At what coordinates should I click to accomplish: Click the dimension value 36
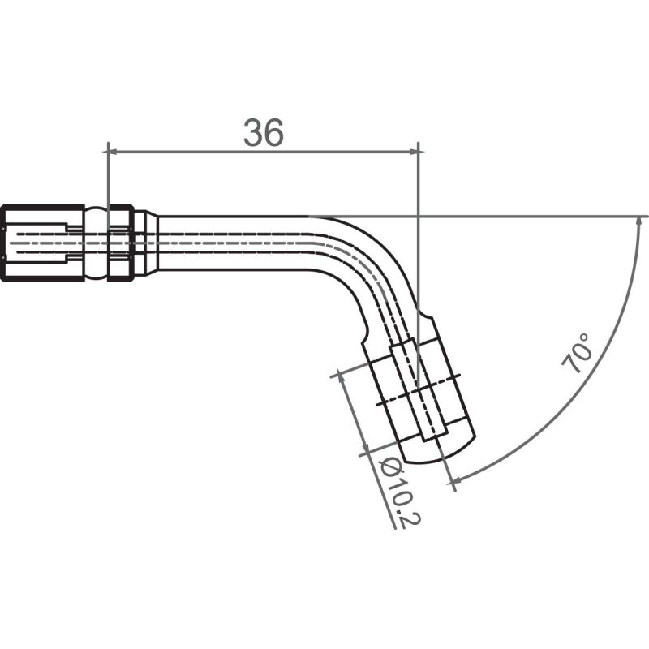[x=264, y=133]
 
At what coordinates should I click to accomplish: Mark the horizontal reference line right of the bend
[x=527, y=217]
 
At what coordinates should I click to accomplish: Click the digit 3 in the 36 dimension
[x=253, y=133]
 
